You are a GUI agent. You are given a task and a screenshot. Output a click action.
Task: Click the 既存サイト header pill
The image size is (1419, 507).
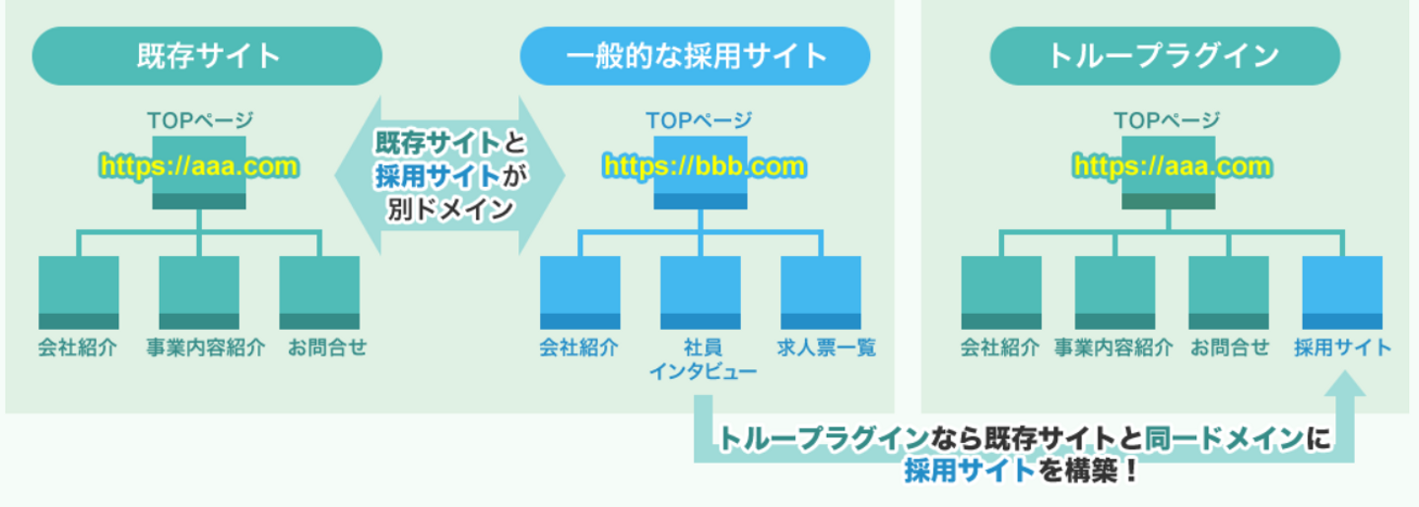pos(207,55)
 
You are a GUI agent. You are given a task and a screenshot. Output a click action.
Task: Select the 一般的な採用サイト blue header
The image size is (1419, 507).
pos(696,55)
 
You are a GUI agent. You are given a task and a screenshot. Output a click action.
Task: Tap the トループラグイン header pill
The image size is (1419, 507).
pos(1166,55)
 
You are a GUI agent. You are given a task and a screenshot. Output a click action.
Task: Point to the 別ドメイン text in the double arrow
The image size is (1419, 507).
pos(449,209)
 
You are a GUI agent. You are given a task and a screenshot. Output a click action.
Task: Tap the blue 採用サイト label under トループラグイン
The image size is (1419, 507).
pos(1342,348)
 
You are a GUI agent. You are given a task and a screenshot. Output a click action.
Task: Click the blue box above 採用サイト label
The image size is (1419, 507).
pos(1342,291)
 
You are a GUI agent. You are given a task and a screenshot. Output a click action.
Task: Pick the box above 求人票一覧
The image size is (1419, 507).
pos(822,291)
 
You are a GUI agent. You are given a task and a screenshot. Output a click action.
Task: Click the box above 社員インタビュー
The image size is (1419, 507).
pos(701,291)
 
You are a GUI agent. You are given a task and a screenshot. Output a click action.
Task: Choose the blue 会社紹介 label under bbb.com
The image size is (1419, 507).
pos(579,348)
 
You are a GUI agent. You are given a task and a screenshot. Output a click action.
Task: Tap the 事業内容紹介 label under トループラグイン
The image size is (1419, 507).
pos(1114,348)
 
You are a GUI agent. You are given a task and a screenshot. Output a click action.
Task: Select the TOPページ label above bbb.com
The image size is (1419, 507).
pos(699,120)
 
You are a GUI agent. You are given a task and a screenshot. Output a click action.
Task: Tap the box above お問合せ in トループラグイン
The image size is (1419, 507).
pos(1229,291)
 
